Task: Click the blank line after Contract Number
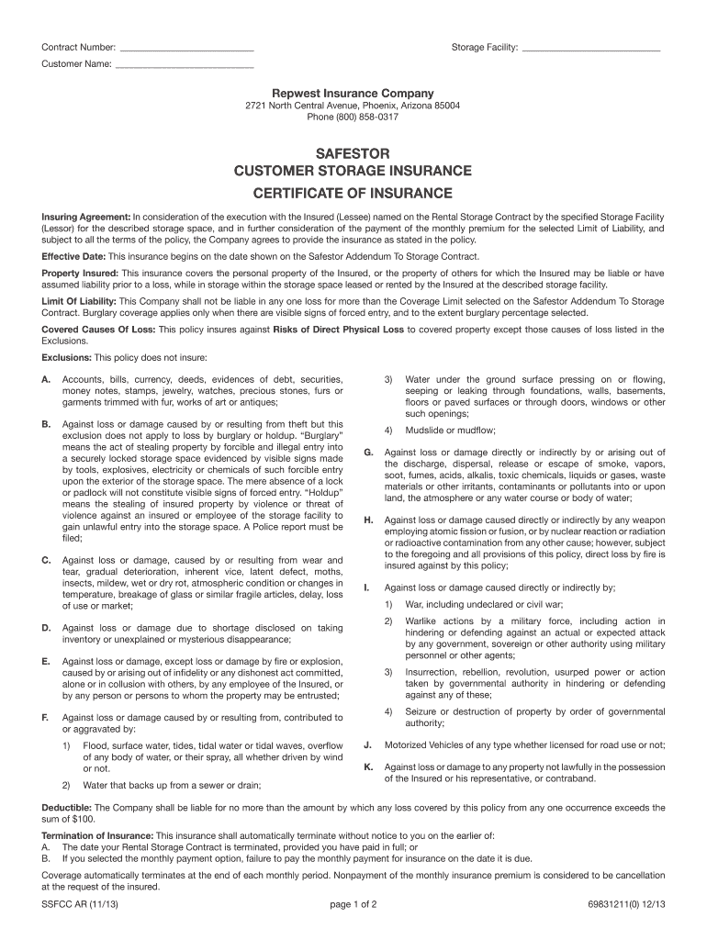click(186, 48)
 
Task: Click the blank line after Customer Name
click(185, 65)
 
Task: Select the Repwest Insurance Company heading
click(353, 94)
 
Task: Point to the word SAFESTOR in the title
click(353, 152)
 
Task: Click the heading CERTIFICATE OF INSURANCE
click(353, 194)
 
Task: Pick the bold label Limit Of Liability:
click(80, 301)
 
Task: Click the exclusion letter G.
click(368, 453)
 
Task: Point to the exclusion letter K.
click(368, 767)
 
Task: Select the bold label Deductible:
click(67, 808)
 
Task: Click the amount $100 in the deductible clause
click(83, 819)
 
